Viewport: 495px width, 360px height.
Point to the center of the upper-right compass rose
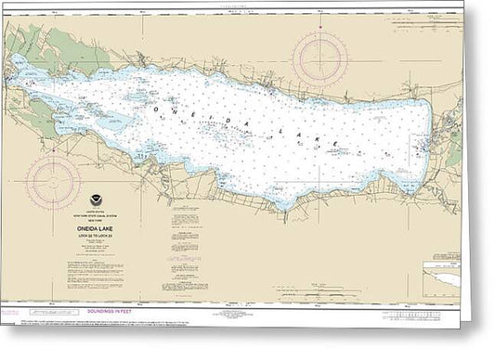[x=320, y=58]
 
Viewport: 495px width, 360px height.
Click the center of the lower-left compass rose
[x=53, y=180]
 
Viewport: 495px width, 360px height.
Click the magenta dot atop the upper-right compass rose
[x=320, y=31]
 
